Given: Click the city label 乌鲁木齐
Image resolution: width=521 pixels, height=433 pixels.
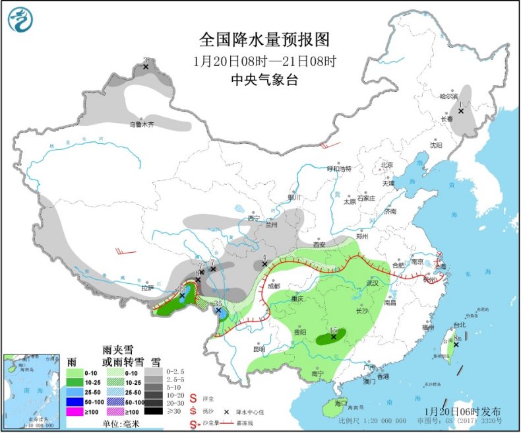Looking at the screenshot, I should (x=140, y=124).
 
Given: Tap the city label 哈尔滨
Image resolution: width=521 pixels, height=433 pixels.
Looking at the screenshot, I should (x=448, y=96).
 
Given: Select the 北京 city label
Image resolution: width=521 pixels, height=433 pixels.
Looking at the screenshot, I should (x=386, y=165).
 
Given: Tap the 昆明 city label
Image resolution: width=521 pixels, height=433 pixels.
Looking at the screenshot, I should (x=258, y=349).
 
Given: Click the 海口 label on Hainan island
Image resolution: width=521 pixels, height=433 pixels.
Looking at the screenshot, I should (x=341, y=402).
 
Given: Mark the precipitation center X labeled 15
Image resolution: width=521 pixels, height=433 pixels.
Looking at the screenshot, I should (x=334, y=337).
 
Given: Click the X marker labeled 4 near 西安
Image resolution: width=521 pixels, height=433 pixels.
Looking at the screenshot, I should (x=264, y=264).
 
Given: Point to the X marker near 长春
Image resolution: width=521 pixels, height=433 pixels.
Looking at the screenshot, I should (x=461, y=111).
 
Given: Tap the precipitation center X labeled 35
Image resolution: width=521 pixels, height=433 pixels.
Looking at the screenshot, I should (x=218, y=310).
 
